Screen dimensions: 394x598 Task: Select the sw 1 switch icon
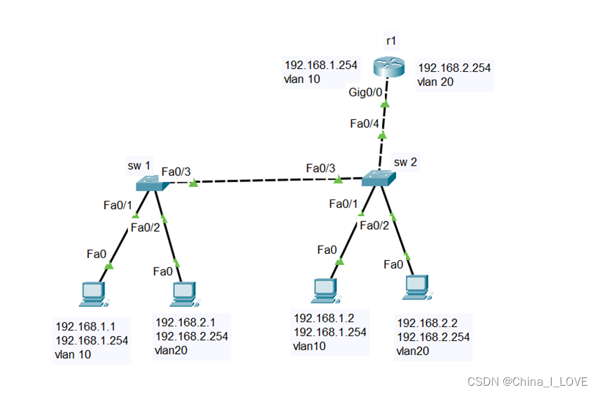[151, 183]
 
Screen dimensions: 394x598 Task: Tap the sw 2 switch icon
[379, 178]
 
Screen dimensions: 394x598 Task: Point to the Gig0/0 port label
[365, 93]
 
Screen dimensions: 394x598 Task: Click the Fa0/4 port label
[364, 124]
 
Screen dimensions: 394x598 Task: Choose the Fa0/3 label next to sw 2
[321, 168]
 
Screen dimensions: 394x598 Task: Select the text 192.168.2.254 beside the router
[455, 68]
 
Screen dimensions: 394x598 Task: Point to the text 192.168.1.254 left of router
[321, 66]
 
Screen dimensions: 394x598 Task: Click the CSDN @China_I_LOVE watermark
[527, 381]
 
